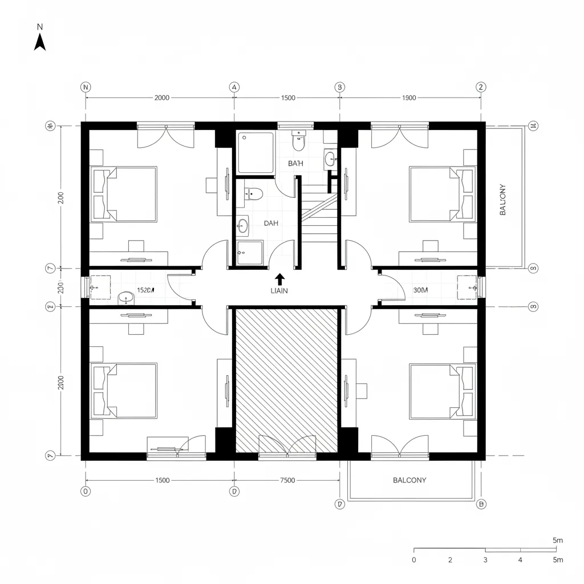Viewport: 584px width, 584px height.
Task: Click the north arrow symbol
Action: click(x=40, y=42)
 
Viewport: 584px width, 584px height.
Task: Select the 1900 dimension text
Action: click(x=409, y=98)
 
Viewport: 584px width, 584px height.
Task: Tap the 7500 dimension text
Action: click(x=288, y=480)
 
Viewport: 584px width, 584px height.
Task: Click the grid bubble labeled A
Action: click(x=234, y=87)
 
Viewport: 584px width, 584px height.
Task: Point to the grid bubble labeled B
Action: click(x=481, y=504)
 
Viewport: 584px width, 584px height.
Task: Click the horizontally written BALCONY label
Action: click(x=409, y=480)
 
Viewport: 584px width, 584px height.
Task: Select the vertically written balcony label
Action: click(x=502, y=200)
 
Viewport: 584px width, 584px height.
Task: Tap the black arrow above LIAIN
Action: click(x=279, y=279)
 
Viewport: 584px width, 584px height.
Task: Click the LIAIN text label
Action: click(x=279, y=291)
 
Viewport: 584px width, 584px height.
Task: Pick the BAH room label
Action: click(x=295, y=163)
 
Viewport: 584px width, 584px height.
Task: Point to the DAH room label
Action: click(x=271, y=224)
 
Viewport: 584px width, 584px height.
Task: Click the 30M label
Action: click(x=420, y=290)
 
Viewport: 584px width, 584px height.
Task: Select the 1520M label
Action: click(x=147, y=290)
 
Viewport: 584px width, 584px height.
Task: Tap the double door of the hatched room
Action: click(x=287, y=445)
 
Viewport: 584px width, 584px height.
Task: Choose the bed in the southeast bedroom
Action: click(x=443, y=391)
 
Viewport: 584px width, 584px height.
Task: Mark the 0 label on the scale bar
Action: click(x=414, y=560)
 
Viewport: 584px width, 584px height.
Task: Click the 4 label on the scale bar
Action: click(x=520, y=560)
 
